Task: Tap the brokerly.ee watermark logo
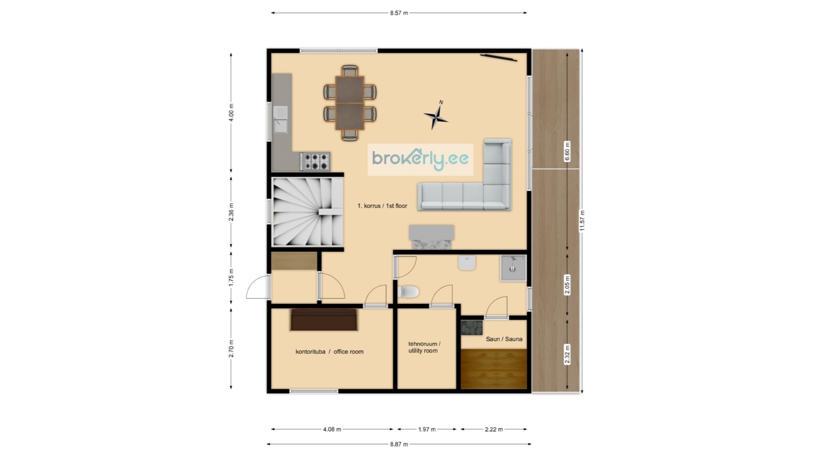[x=420, y=160]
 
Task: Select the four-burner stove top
[x=315, y=161]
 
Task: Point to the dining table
[x=350, y=103]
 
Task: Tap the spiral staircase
[x=307, y=212]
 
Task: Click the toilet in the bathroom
[x=409, y=292]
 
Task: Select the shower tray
[x=513, y=268]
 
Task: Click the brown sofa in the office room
[x=324, y=320]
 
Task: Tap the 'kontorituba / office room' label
[x=329, y=352]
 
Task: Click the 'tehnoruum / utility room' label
[x=424, y=347]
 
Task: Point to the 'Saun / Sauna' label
[x=504, y=339]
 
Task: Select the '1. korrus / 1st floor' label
[x=382, y=206]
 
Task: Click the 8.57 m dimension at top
[x=399, y=13]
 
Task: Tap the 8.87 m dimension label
[x=399, y=444]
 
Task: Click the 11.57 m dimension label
[x=582, y=220]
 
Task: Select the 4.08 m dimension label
[x=332, y=429]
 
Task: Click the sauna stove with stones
[x=472, y=328]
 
